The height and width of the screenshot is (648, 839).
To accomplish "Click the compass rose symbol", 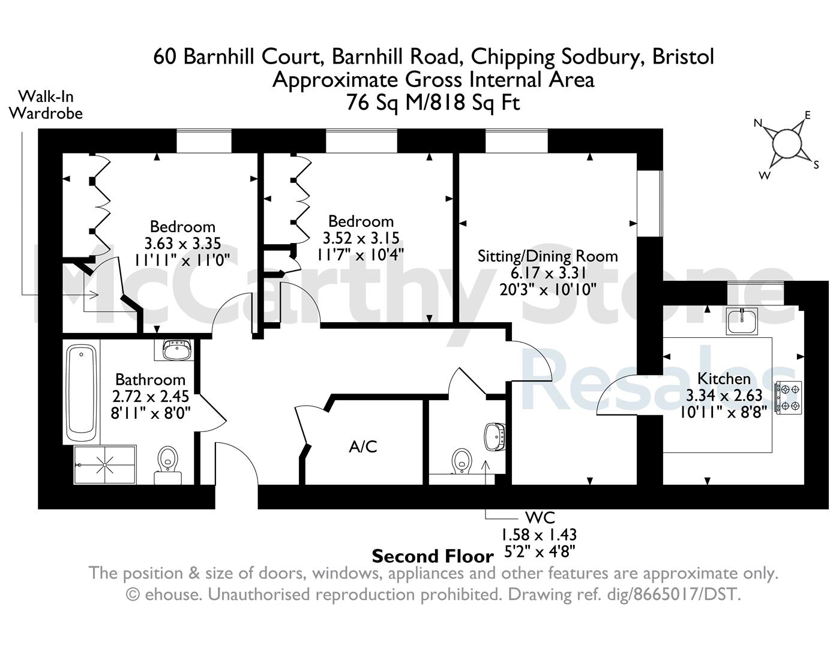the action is point(786,146).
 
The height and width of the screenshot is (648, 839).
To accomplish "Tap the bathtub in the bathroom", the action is point(82,393).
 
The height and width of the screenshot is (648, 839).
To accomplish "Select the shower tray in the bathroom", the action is point(104,464).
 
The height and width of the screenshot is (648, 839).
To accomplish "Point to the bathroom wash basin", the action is point(177,350).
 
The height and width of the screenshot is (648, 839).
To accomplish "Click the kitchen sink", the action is point(741,321).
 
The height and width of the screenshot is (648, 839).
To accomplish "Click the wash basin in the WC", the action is point(495,437).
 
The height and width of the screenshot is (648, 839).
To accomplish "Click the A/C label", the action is point(362,446).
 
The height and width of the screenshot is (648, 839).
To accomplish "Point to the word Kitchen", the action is point(724,378).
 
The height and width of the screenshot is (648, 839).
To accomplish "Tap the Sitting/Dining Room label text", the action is point(548,256).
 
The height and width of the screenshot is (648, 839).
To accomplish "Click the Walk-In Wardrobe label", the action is point(46,105).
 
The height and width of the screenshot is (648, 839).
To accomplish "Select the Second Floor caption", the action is point(433,556).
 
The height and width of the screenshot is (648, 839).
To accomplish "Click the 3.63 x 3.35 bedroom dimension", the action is point(182,244).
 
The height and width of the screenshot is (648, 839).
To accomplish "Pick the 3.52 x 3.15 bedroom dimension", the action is point(361,238).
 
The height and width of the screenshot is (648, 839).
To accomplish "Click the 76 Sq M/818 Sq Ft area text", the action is point(433,103).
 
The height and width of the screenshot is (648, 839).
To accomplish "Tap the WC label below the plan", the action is point(540,517).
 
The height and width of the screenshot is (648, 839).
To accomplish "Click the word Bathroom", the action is point(150,380).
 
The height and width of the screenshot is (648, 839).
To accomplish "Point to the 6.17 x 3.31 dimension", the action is point(549,273).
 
